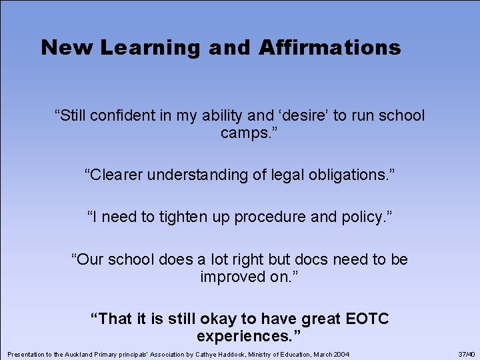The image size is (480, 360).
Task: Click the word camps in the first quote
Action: (243, 133)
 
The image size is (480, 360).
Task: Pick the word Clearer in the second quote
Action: (117, 175)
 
